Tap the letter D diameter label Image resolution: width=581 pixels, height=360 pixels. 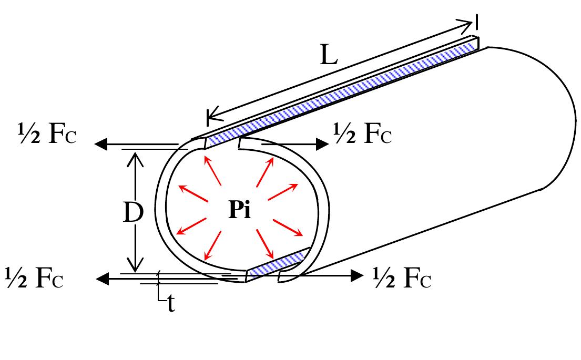point(133,213)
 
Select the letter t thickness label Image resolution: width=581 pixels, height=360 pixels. point(171,304)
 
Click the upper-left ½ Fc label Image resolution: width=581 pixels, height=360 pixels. point(47,133)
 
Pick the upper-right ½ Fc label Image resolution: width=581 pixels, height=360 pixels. point(363,133)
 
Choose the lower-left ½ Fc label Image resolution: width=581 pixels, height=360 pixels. point(35,278)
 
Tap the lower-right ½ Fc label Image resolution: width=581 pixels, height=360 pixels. point(402,278)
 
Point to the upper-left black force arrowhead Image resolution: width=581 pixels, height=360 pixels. point(101,143)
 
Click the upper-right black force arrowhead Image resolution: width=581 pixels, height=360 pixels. point(322,143)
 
